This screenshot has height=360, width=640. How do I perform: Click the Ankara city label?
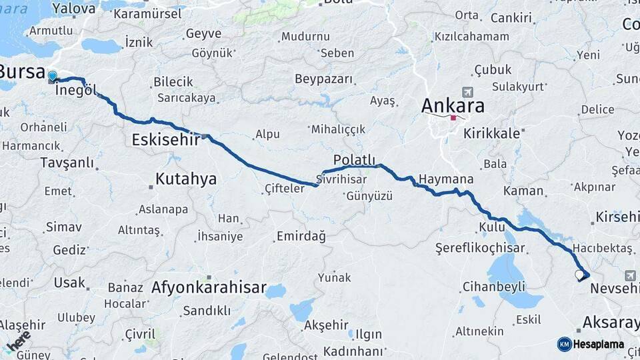453,105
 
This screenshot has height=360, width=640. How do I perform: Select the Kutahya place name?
186,179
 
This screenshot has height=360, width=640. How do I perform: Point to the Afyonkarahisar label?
209,289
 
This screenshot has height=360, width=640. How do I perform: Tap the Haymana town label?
446,179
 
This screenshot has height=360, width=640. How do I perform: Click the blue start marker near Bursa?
53,77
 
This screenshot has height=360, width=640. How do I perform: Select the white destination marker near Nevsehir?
579,274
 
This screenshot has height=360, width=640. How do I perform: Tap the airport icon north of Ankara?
467,92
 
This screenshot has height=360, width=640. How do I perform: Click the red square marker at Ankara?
453,117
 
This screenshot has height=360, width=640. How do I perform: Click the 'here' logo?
19,341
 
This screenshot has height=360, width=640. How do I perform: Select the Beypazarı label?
323,79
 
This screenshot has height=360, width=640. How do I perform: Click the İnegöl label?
77,90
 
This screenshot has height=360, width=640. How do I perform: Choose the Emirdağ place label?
301,236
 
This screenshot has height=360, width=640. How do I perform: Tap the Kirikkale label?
493,133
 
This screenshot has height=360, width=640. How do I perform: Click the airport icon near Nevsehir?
630,275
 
